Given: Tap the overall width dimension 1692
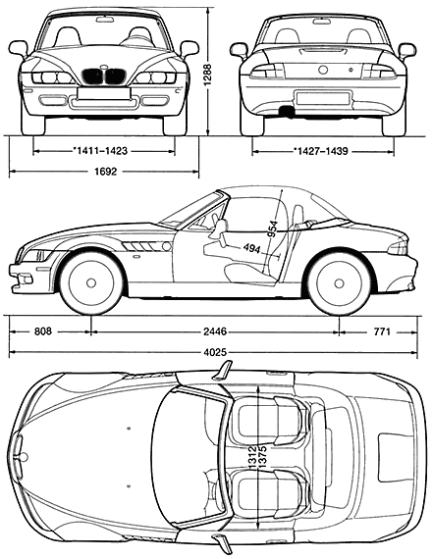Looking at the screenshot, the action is [x=106, y=172].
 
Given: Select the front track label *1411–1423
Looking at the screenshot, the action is [x=100, y=151].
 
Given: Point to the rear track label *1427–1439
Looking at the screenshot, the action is [x=321, y=151].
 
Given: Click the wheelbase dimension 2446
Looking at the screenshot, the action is [x=215, y=331].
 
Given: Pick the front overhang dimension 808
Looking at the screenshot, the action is [x=43, y=331].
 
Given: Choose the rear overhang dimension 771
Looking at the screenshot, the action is [x=382, y=331].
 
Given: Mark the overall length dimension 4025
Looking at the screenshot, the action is [x=215, y=353].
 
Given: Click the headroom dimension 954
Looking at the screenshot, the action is [x=273, y=229].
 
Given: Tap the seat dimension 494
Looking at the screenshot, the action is [x=251, y=248].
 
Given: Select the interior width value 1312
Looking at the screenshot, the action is [x=253, y=458].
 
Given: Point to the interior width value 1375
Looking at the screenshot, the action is [x=262, y=458].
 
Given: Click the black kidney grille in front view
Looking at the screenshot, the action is [x=104, y=77].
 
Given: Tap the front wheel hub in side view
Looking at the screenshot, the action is [x=91, y=283].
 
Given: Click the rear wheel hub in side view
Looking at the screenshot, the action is [x=339, y=283].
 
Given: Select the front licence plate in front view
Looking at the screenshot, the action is [x=103, y=93].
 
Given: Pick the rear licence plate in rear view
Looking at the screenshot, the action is [x=323, y=98].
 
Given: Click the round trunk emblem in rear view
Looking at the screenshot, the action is [x=323, y=70].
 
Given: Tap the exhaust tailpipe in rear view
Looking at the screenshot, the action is [x=287, y=111].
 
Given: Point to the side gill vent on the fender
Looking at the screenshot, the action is [x=146, y=246].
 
